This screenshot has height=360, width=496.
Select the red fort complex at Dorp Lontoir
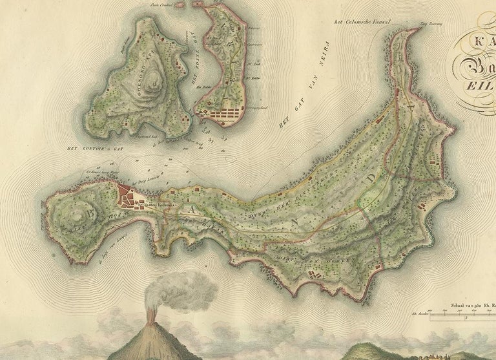[129, 196]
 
